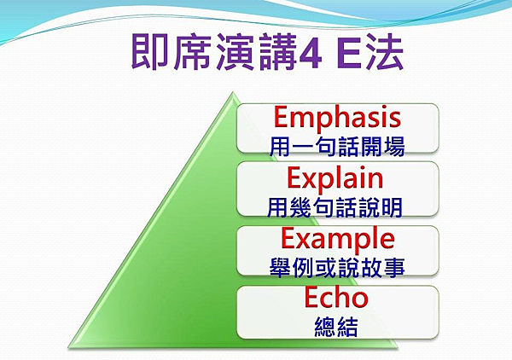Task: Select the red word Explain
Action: coord(335,179)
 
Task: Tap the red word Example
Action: coord(338,240)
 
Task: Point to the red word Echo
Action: coord(336,297)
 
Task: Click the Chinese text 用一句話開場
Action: coord(337,147)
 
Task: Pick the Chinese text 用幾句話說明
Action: coord(335,207)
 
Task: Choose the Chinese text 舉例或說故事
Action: coord(337,268)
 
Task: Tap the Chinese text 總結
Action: coord(336,327)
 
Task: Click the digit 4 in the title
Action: coord(311,53)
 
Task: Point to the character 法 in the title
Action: coord(385,52)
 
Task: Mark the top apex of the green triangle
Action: coord(233,93)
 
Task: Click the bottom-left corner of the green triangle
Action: coord(69,346)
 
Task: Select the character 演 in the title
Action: coord(235,52)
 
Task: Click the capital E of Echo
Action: coord(312,297)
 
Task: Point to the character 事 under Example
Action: coord(394,268)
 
